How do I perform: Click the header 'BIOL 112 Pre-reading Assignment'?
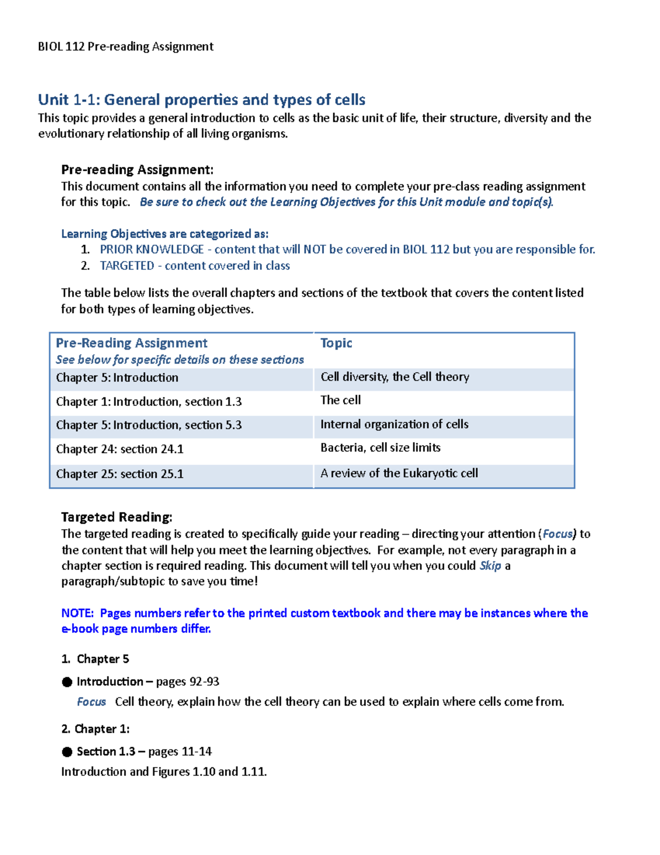coord(125,46)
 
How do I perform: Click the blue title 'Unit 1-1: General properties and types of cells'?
coord(201,100)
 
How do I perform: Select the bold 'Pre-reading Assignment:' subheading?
coord(137,170)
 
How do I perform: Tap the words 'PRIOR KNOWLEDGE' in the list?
coord(152,249)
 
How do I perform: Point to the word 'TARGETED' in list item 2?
coord(127,266)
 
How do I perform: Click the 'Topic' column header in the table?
coord(336,343)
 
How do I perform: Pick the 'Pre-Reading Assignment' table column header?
coord(131,343)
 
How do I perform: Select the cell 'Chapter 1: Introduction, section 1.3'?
coord(148,402)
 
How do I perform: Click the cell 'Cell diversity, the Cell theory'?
coord(394,377)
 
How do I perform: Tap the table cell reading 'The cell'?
coord(340,400)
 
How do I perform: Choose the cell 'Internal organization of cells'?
coord(394,424)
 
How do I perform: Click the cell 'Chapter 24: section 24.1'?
coord(119,449)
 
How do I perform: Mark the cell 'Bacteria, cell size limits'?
coord(380,448)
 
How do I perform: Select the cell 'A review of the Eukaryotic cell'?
coord(399,473)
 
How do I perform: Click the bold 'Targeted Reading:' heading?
coord(117,517)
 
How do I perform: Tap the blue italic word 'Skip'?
coord(490,566)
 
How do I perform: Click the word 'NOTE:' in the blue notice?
coord(78,613)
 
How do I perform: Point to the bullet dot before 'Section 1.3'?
coord(67,752)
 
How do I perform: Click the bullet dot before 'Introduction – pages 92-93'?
coord(67,682)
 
